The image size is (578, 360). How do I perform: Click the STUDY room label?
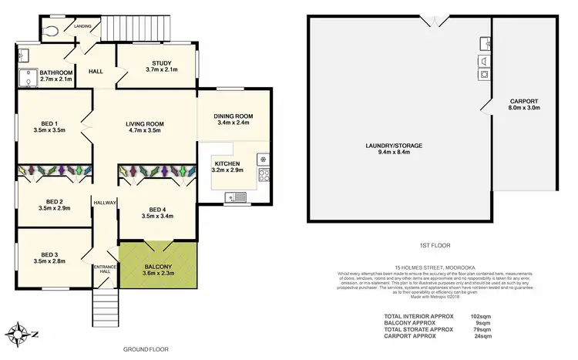coord(161,63)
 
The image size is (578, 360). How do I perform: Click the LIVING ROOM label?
coord(145,124)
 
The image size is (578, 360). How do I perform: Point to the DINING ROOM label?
coord(235,116)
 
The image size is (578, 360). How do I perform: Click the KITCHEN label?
coord(228,163)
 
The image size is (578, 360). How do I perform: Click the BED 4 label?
coord(156,210)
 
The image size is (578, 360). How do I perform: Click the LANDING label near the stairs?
coord(82,26)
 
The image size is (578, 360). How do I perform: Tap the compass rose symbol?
coord(19,334)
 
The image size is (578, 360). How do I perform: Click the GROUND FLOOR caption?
coord(146,349)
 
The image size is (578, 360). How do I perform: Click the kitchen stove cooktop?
coord(264,175)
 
